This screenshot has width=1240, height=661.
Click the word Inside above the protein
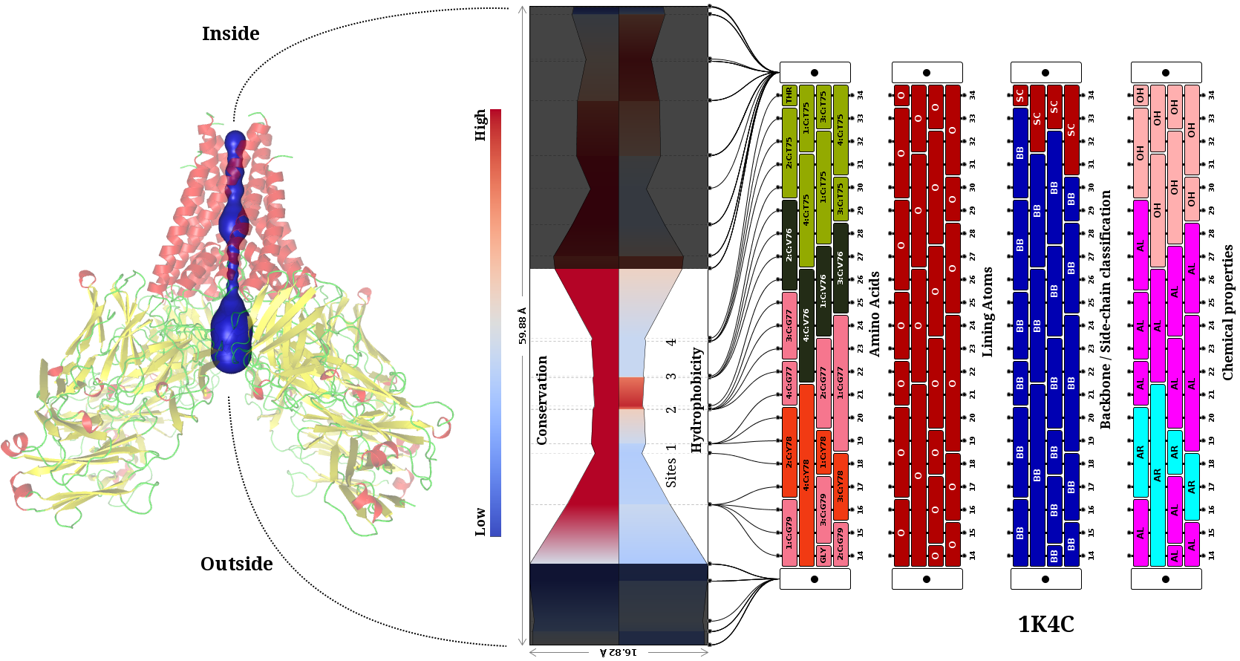coord(230,34)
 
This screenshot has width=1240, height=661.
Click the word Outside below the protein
coord(236,564)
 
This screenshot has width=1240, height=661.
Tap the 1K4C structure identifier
coord(1045,625)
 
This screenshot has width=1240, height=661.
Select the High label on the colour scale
coord(480,125)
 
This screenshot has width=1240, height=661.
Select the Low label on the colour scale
coord(480,521)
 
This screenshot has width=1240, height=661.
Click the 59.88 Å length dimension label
coord(522,325)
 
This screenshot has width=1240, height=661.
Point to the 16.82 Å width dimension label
coord(618,652)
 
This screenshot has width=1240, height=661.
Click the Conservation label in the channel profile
coord(542,400)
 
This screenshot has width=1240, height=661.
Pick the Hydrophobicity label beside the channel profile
coord(696,400)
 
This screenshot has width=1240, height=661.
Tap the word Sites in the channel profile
coord(670,472)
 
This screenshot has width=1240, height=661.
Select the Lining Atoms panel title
coord(987,312)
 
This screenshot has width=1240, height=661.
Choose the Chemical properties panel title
coord(1227,312)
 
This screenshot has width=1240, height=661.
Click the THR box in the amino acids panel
coord(789,95)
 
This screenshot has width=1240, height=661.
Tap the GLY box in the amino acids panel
coord(823,555)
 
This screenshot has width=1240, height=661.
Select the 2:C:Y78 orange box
coord(789,452)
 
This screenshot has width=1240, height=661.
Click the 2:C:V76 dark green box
coord(789,244)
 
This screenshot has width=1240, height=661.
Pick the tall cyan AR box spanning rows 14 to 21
coord(1157,475)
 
